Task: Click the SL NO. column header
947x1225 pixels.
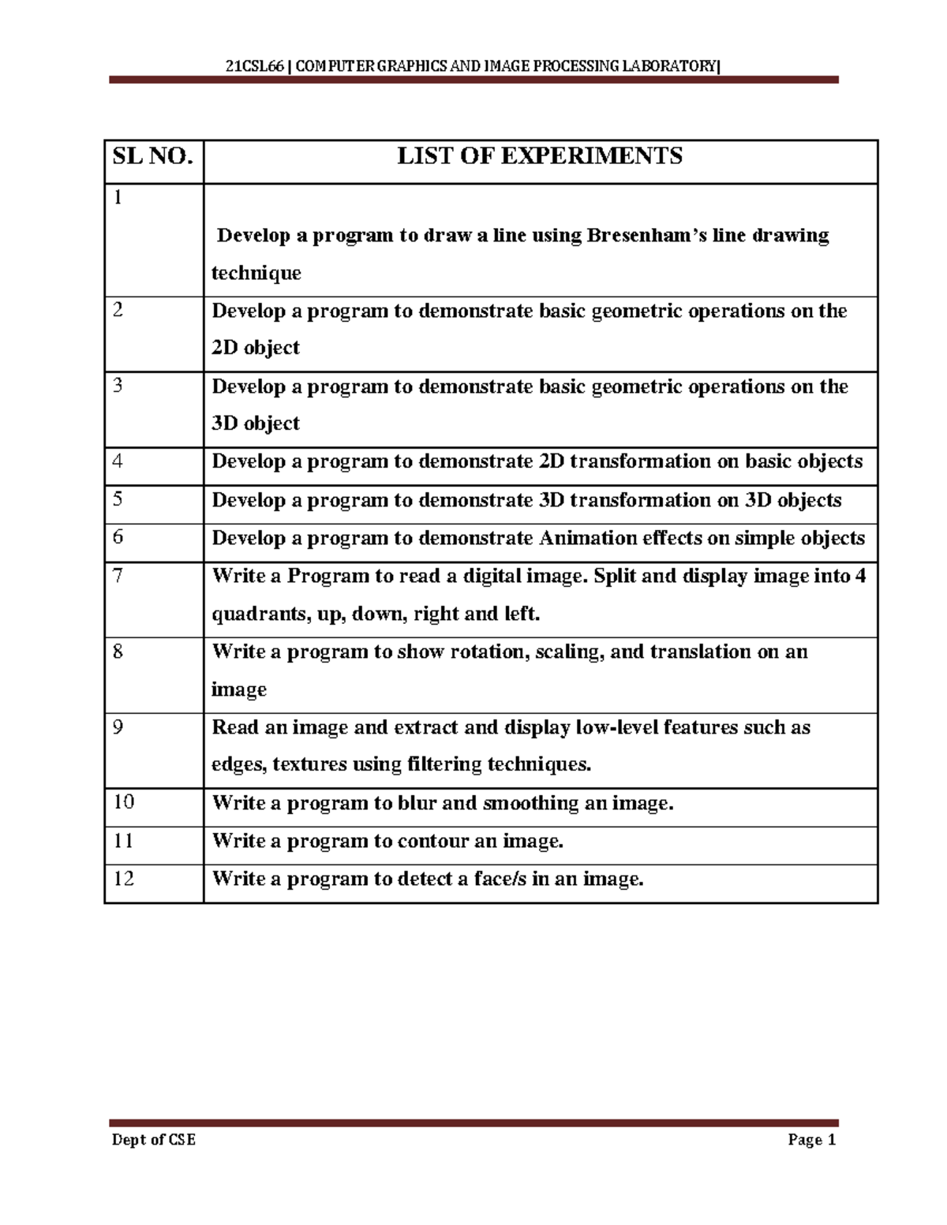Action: tap(152, 157)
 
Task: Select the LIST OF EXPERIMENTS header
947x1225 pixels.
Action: tap(539, 157)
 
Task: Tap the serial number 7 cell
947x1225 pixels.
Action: tap(118, 576)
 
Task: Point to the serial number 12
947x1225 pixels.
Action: tap(124, 878)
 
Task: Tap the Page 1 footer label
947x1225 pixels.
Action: tap(810, 1140)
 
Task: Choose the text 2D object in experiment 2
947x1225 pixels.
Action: tap(256, 348)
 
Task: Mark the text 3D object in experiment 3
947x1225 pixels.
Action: tap(256, 424)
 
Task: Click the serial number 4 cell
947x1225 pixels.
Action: tap(118, 461)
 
